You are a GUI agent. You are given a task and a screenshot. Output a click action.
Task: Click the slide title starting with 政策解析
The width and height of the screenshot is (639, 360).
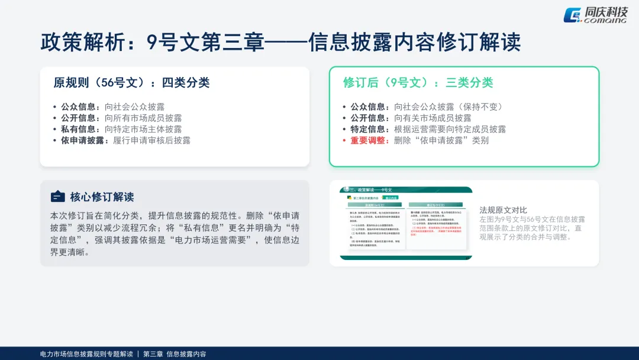click(x=280, y=42)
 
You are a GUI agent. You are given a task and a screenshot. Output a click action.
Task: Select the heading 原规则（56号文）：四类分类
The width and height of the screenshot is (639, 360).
click(x=131, y=82)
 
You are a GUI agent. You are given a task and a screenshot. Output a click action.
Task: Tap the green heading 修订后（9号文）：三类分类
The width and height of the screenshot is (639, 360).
click(x=418, y=82)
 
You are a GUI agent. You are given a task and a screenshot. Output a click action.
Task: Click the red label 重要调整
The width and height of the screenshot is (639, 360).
click(x=369, y=140)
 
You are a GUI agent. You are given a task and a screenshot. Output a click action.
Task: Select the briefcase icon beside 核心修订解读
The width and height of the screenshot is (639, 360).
click(x=57, y=197)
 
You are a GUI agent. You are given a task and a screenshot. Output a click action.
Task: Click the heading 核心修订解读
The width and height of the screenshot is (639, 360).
click(x=102, y=197)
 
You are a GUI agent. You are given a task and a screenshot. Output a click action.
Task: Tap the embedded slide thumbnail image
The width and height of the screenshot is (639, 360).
click(x=405, y=223)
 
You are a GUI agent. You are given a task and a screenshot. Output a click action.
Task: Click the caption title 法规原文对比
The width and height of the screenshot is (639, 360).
click(x=503, y=210)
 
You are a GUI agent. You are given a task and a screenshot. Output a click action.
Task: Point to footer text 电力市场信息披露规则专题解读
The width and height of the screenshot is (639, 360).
click(x=86, y=354)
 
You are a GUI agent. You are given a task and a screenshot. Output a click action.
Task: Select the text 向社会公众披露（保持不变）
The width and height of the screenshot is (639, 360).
click(x=448, y=107)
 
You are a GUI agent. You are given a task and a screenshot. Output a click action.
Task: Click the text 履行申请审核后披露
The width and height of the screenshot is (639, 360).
click(x=151, y=140)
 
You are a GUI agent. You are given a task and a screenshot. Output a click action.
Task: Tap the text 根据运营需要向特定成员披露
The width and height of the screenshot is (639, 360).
click(x=450, y=129)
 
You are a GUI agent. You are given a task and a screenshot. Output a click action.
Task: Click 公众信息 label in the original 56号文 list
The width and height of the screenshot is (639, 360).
click(x=80, y=107)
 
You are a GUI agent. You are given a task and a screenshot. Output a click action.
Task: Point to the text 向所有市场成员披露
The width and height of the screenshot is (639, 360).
click(x=143, y=118)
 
